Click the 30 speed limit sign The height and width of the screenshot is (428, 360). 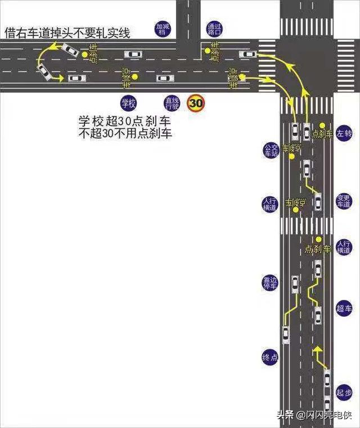[196, 103]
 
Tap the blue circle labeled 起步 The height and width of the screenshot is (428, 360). [344, 392]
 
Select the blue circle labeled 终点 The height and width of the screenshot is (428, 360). [271, 357]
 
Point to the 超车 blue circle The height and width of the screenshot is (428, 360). [344, 309]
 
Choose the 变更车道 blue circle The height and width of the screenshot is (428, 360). [344, 201]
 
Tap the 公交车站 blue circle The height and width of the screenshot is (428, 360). [271, 150]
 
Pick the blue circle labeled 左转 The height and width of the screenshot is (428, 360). [344, 134]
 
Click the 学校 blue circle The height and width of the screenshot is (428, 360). [129, 102]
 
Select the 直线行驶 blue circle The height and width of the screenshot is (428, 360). [172, 102]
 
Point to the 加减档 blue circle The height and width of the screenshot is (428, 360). [163, 29]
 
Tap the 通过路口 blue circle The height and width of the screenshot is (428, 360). [214, 29]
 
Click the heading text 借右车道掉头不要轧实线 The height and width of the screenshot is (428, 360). [67, 34]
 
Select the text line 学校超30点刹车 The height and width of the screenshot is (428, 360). [125, 121]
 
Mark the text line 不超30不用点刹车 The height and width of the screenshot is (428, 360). [125, 133]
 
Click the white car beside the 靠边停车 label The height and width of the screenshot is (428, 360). [295, 284]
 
